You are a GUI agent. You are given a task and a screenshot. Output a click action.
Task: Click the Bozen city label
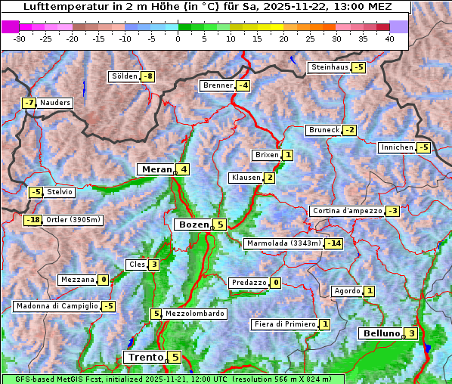[x=192, y=225]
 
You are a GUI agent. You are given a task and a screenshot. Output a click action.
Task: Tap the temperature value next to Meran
[x=184, y=169]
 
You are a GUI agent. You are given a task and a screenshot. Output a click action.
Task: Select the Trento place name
[x=146, y=357]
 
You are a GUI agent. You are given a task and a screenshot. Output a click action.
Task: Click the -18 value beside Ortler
[x=33, y=220]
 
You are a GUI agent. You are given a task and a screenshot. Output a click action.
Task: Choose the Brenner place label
[x=218, y=85]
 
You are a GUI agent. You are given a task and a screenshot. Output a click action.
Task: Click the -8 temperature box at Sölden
[x=149, y=76]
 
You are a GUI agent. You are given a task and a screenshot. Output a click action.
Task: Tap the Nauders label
[x=55, y=103]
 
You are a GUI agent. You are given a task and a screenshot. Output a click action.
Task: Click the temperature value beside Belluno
[x=410, y=333]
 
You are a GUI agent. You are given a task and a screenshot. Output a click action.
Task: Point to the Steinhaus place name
[x=330, y=67]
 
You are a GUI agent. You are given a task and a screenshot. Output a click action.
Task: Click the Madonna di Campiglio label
[x=57, y=306]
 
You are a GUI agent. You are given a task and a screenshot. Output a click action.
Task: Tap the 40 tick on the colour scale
[x=389, y=39]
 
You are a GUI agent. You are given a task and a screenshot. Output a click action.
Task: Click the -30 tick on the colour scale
[x=20, y=39]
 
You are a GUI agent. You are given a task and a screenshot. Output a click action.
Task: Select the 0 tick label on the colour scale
[x=178, y=39]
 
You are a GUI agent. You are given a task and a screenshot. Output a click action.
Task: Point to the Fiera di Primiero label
[x=284, y=324]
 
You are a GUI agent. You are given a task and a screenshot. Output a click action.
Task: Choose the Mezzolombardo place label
[x=194, y=314]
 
